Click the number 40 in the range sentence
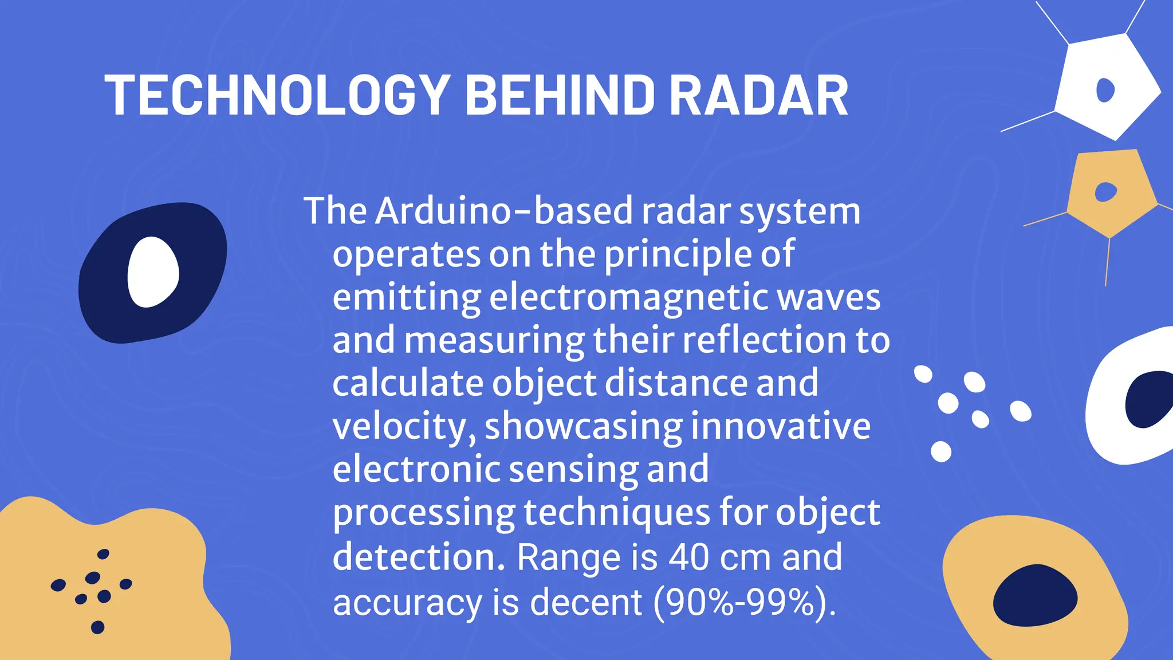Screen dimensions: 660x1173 point(690,557)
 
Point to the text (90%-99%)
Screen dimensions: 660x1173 point(745,602)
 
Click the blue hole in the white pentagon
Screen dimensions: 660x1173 point(1105,90)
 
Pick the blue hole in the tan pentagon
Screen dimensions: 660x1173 point(1105,192)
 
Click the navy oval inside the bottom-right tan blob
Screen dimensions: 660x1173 point(1035,595)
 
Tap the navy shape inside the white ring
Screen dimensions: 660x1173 point(1148,399)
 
